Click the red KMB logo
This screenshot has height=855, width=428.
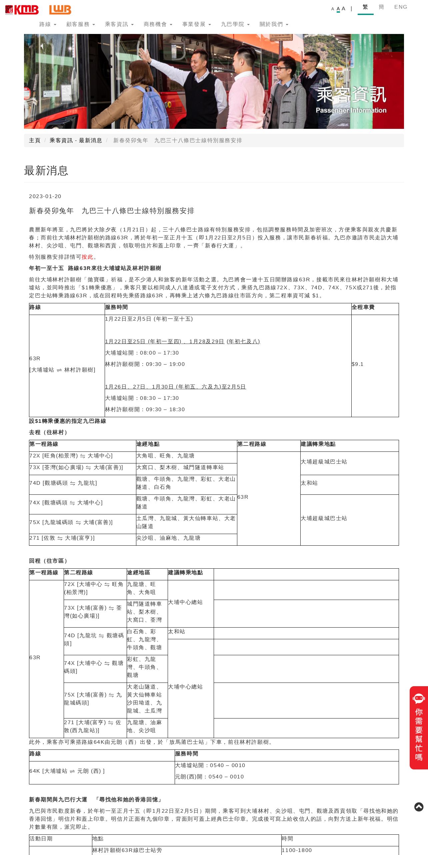pos(22,10)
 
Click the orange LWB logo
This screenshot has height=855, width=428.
pos(60,10)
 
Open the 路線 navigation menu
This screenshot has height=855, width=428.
pos(47,24)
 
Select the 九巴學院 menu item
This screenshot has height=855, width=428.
pos(235,24)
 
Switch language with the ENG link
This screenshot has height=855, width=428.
pos(401,7)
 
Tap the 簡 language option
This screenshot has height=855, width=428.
pos(381,7)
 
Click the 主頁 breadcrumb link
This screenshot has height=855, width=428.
pos(35,141)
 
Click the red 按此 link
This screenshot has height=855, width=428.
pos(87,257)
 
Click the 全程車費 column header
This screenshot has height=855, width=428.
pos(363,307)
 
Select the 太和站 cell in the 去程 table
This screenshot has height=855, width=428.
pos(309,483)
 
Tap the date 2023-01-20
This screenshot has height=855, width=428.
pos(45,196)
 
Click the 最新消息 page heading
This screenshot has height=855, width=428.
pos(46,171)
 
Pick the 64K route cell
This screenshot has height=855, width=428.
pos(67,771)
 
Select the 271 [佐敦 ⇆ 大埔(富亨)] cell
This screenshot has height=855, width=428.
pos(62,538)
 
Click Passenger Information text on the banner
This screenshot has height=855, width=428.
pos(351,111)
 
